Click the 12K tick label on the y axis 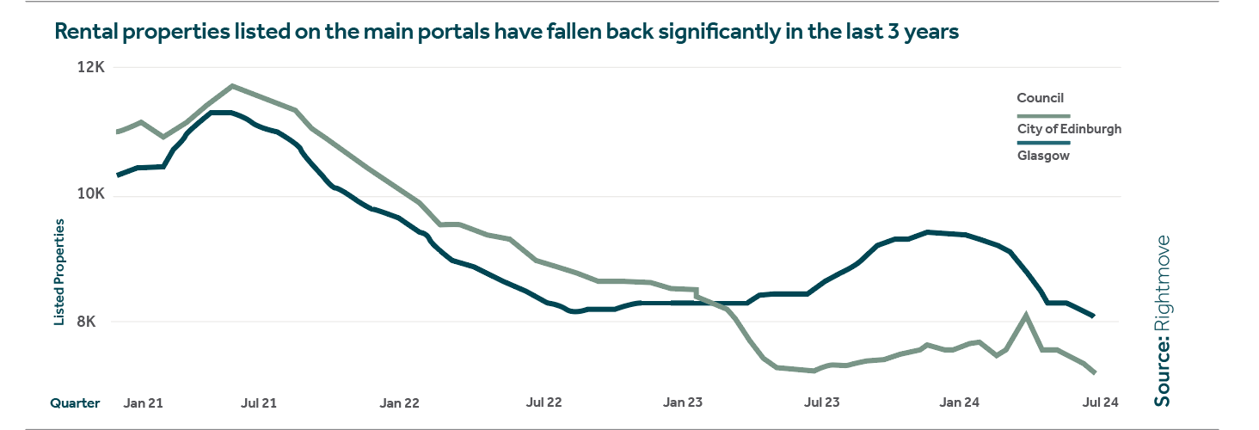[91, 68]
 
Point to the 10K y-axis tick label [91, 195]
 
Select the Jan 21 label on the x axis [144, 402]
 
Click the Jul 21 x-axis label [258, 402]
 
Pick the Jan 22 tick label [399, 402]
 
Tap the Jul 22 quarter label [544, 402]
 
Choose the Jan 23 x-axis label [684, 402]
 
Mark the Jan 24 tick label [960, 402]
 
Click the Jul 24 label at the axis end [1100, 402]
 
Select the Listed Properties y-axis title [59, 273]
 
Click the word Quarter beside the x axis [75, 402]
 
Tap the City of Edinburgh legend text [1069, 129]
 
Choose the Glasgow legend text [1043, 156]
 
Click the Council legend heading [1041, 98]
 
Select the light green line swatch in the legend [1043, 115]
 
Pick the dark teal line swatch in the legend [1043, 142]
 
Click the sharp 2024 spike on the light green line [1026, 315]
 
